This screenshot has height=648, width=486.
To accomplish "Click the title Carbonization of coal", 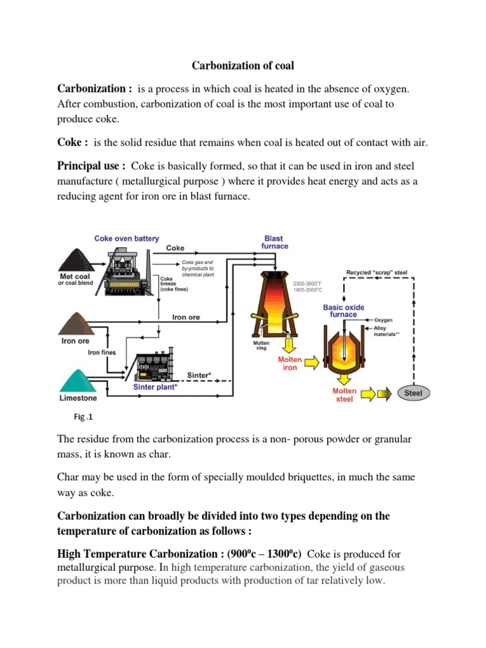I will pyautogui.click(x=243, y=65).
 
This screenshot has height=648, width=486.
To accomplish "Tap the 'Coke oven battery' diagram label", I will pyautogui.click(x=127, y=239).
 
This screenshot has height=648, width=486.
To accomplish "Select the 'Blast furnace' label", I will pyautogui.click(x=274, y=242).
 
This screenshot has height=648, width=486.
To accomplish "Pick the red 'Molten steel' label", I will pyautogui.click(x=344, y=395).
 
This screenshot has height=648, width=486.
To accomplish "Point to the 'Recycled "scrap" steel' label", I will pyautogui.click(x=377, y=273).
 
